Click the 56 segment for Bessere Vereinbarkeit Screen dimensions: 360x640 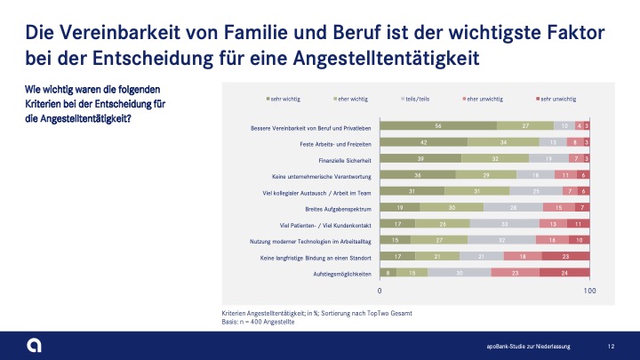(438, 126)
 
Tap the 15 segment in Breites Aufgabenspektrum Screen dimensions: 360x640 (558, 209)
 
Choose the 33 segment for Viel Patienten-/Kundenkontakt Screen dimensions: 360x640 (504, 225)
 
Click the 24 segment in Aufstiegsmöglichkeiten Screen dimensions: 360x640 (564, 274)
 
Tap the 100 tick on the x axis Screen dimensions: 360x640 (588, 291)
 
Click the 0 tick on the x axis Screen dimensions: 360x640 (380, 291)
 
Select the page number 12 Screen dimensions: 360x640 (611, 346)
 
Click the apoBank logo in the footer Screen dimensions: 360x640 (33, 344)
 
